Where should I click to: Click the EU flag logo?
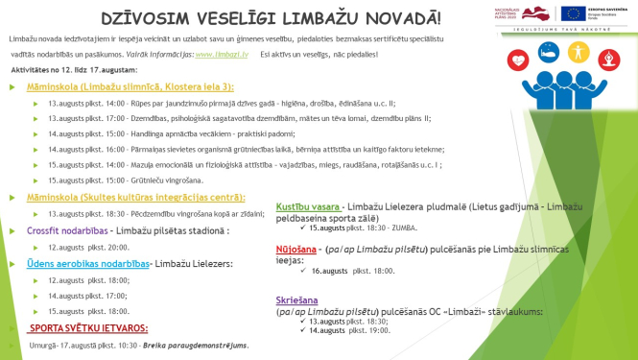(x=579, y=12)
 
